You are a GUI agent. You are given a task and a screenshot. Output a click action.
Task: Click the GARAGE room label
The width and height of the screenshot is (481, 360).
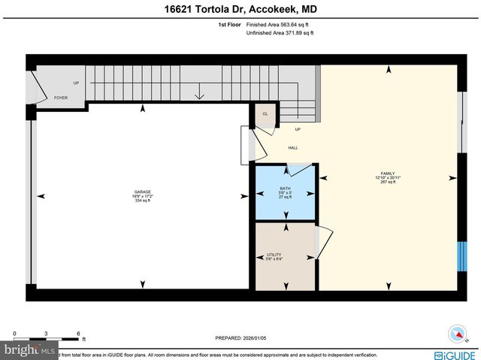click(143, 192)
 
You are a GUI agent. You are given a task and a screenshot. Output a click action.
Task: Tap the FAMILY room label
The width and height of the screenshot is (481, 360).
click(388, 174)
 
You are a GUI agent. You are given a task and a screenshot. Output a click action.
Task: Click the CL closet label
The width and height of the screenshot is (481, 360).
click(265, 113)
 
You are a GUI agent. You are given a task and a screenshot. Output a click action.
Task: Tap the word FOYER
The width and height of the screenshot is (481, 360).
click(61, 98)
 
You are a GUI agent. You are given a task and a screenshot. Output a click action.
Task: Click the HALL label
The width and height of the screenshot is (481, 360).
click(292, 147)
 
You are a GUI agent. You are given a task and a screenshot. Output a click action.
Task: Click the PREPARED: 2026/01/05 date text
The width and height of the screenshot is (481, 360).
click(240, 338)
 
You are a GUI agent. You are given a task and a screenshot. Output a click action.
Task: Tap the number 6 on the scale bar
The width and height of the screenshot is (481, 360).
click(77, 333)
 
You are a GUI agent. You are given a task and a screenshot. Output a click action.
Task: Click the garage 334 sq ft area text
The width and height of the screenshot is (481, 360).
click(143, 201)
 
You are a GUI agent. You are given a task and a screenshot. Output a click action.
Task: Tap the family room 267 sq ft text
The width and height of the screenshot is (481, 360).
click(388, 182)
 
